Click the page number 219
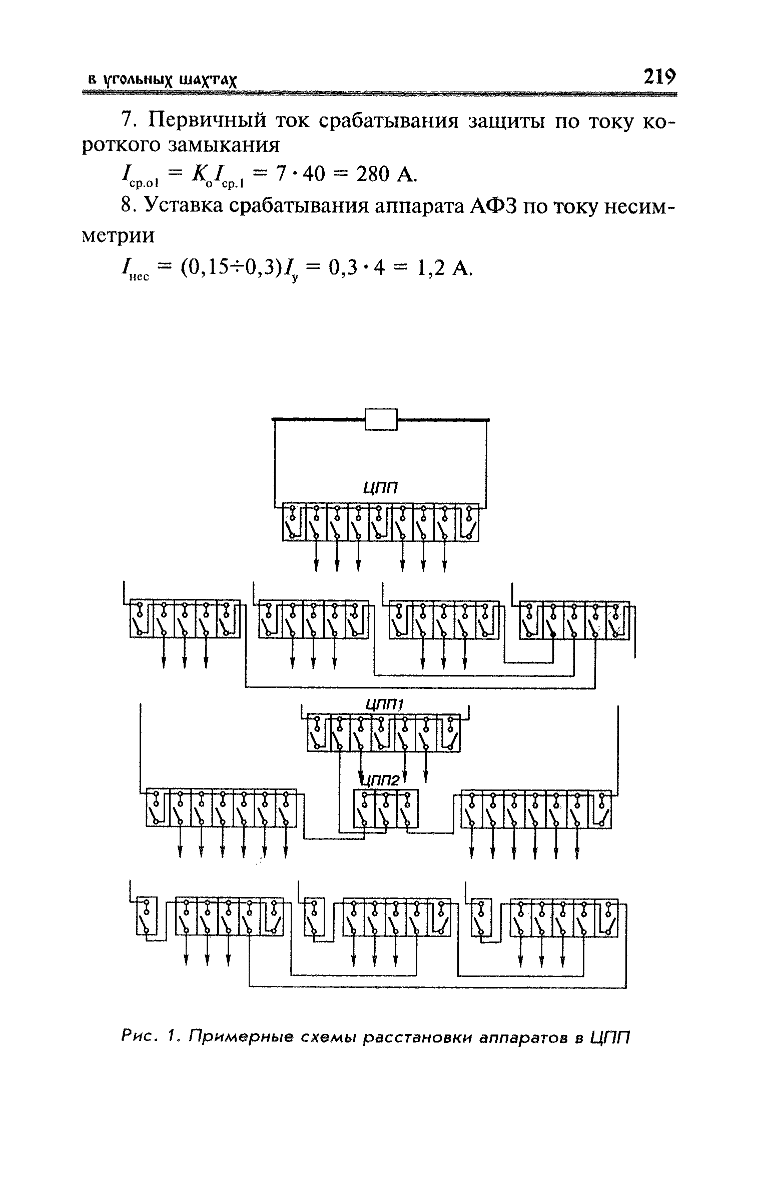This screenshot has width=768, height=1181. [659, 78]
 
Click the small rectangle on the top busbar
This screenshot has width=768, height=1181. [381, 419]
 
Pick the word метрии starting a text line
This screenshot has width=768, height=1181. [119, 236]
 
